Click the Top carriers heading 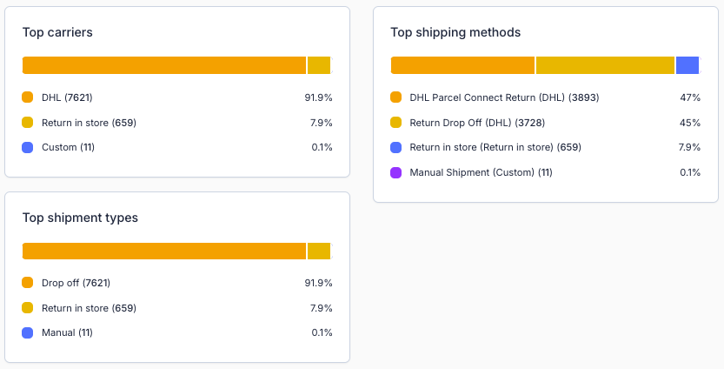point(57,32)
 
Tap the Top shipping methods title point(455,32)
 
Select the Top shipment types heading point(80,218)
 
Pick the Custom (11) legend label point(68,147)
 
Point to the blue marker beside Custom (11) point(28,147)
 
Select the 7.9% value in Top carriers point(321,123)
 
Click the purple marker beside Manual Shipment point(396,172)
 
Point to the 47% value point(690,97)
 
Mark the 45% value point(690,123)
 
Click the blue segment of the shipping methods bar point(687,65)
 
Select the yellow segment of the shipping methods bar point(605,65)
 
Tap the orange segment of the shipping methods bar point(462,65)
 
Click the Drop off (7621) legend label point(76,283)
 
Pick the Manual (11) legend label point(67,332)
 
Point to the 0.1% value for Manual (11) point(321,332)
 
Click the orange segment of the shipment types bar point(164,252)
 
